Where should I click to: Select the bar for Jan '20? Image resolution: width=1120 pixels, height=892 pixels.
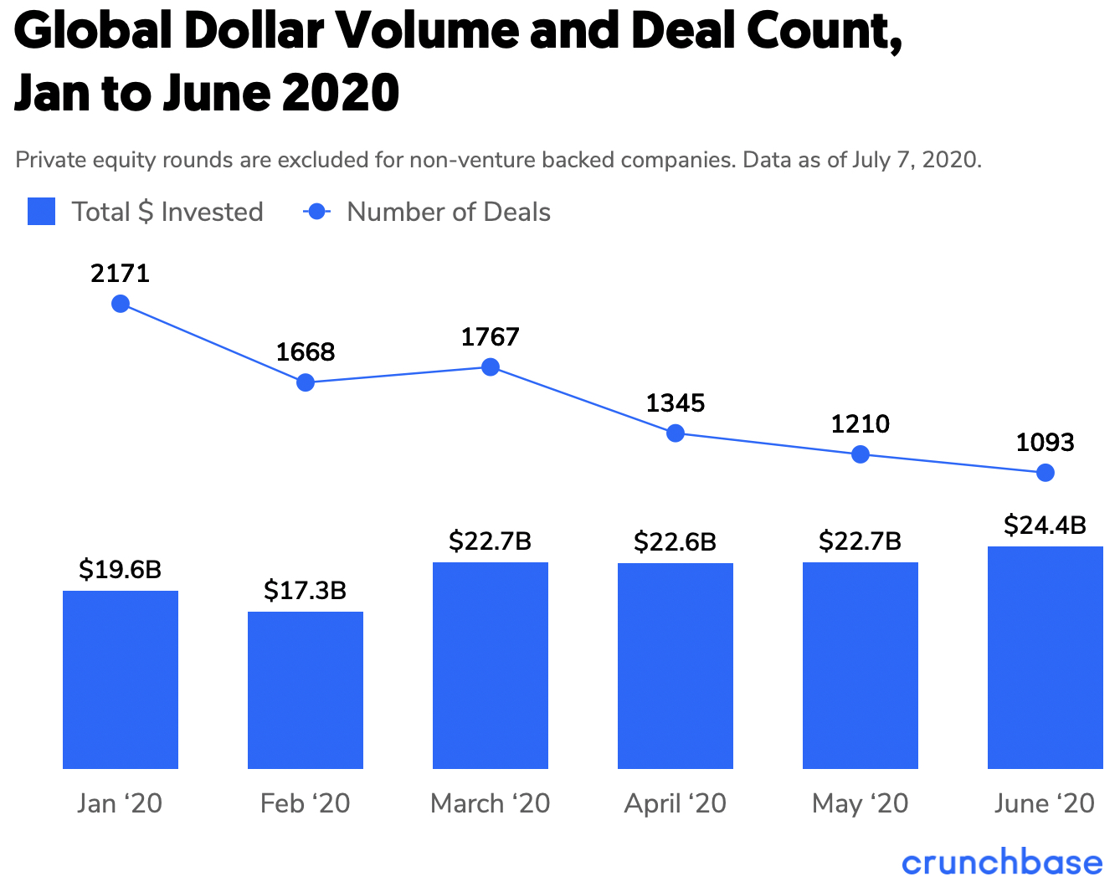point(121,679)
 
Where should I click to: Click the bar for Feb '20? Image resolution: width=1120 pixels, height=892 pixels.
point(306,690)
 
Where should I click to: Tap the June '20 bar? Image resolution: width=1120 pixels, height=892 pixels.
point(1045,657)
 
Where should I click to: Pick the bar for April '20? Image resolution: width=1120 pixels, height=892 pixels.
point(676,665)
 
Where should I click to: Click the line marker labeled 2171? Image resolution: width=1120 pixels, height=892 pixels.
point(121,304)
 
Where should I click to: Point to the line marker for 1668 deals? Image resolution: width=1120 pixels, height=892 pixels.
point(306,382)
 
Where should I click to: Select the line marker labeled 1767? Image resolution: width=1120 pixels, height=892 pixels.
point(491,367)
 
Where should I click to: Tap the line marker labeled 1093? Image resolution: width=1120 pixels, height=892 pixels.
point(1045,473)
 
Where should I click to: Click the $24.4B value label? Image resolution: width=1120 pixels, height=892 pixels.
point(1045,525)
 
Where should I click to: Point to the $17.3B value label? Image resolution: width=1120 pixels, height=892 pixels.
point(305,591)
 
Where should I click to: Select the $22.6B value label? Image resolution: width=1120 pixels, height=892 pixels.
point(675,542)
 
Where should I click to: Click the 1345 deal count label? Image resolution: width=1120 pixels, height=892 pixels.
point(676,403)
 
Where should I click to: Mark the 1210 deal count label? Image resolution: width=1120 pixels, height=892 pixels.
point(860,424)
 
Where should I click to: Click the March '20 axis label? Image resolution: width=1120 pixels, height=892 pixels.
point(491,803)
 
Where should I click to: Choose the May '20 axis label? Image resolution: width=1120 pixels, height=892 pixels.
point(860,803)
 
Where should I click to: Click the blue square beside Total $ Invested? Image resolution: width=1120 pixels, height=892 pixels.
point(42,212)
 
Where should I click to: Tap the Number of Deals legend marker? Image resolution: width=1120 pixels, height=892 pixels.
point(317,212)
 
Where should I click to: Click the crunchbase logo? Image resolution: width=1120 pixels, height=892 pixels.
point(1002,863)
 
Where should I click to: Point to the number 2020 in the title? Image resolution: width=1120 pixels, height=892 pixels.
point(340,93)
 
